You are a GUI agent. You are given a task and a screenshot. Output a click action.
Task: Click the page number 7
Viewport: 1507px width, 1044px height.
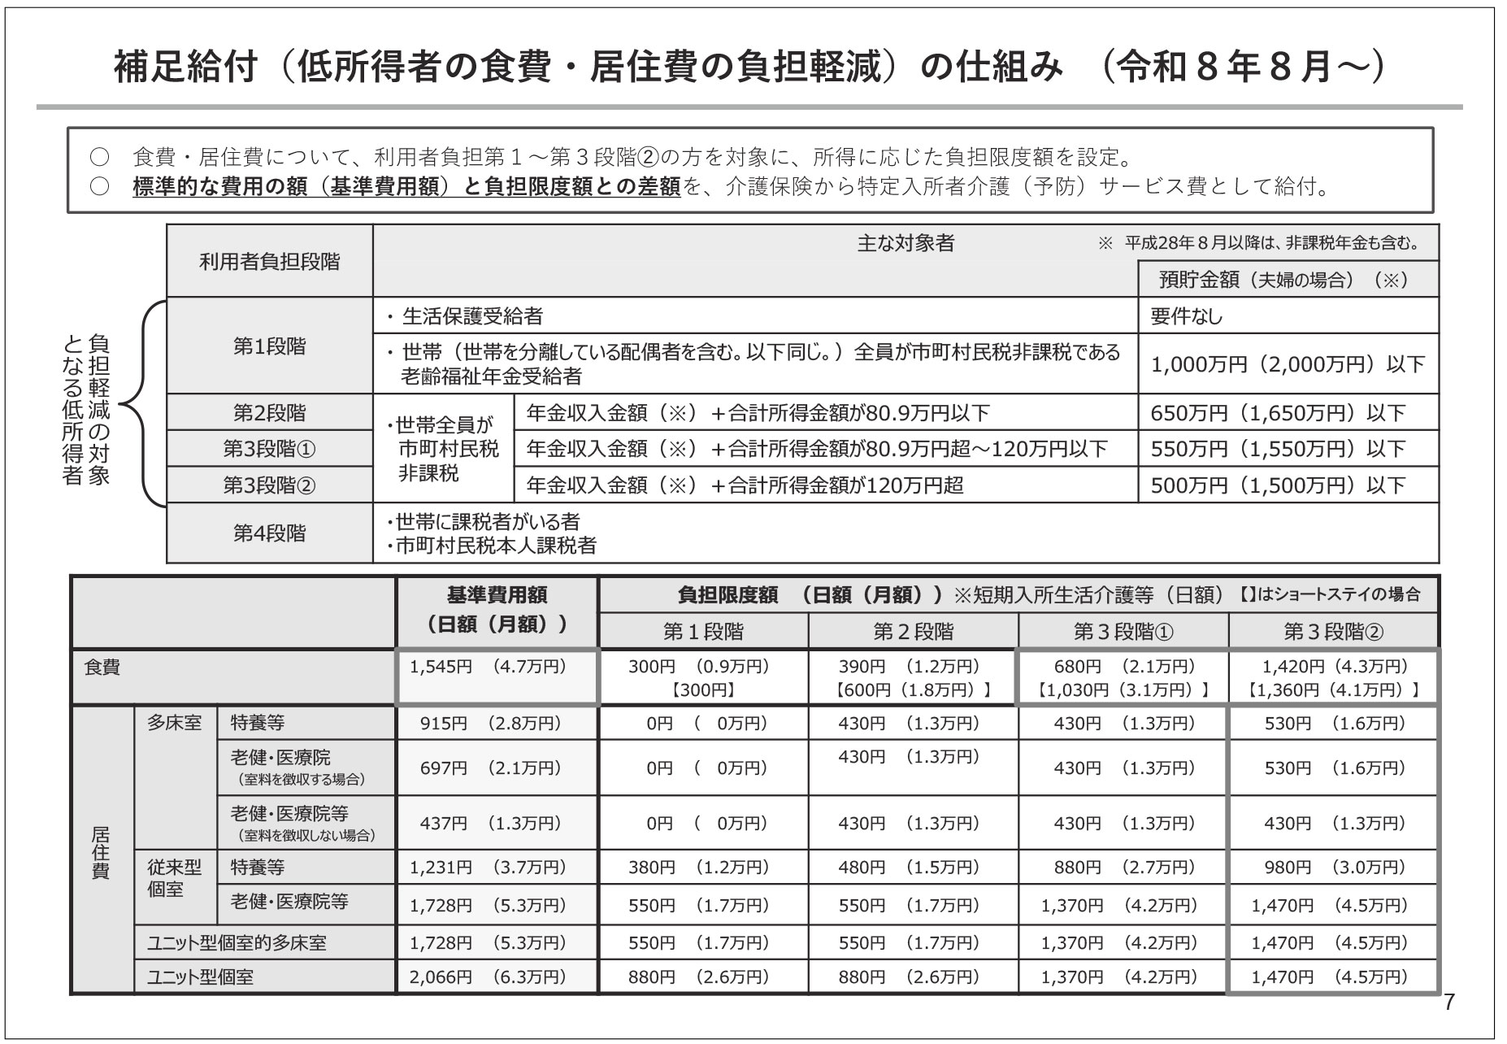[1448, 1002]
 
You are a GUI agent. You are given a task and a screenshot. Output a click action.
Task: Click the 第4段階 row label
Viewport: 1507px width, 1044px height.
[269, 533]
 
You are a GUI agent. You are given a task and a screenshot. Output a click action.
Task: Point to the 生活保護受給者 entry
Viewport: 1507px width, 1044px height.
[472, 315]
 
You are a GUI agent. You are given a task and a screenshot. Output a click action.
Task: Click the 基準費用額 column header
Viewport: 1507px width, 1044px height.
[496, 610]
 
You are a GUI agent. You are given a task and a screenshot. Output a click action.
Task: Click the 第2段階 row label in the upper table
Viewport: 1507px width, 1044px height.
[269, 413]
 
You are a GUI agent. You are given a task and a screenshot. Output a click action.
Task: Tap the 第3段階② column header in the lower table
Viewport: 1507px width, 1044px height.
[1332, 632]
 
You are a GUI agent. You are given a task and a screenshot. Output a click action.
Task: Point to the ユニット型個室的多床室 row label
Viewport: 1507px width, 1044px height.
[237, 943]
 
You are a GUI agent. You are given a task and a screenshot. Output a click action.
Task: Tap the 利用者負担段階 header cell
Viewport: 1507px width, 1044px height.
[269, 262]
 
